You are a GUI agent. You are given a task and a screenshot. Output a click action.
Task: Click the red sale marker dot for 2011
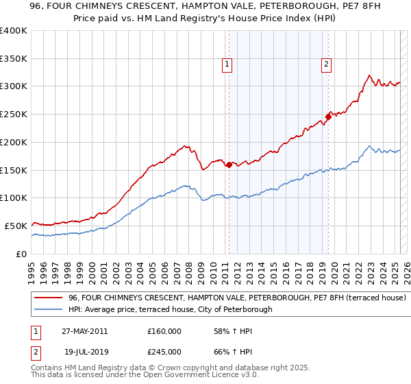point(228,165)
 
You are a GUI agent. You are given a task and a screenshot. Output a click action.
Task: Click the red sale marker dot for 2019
point(328,117)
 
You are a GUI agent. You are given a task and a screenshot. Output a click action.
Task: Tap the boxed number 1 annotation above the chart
point(227,65)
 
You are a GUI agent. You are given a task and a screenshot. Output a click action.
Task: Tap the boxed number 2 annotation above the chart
point(326,65)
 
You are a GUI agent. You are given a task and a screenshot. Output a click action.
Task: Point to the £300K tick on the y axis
point(14,86)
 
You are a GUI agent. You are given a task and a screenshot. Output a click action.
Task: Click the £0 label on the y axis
point(22,254)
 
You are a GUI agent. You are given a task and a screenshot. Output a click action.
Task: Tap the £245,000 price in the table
point(164,352)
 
